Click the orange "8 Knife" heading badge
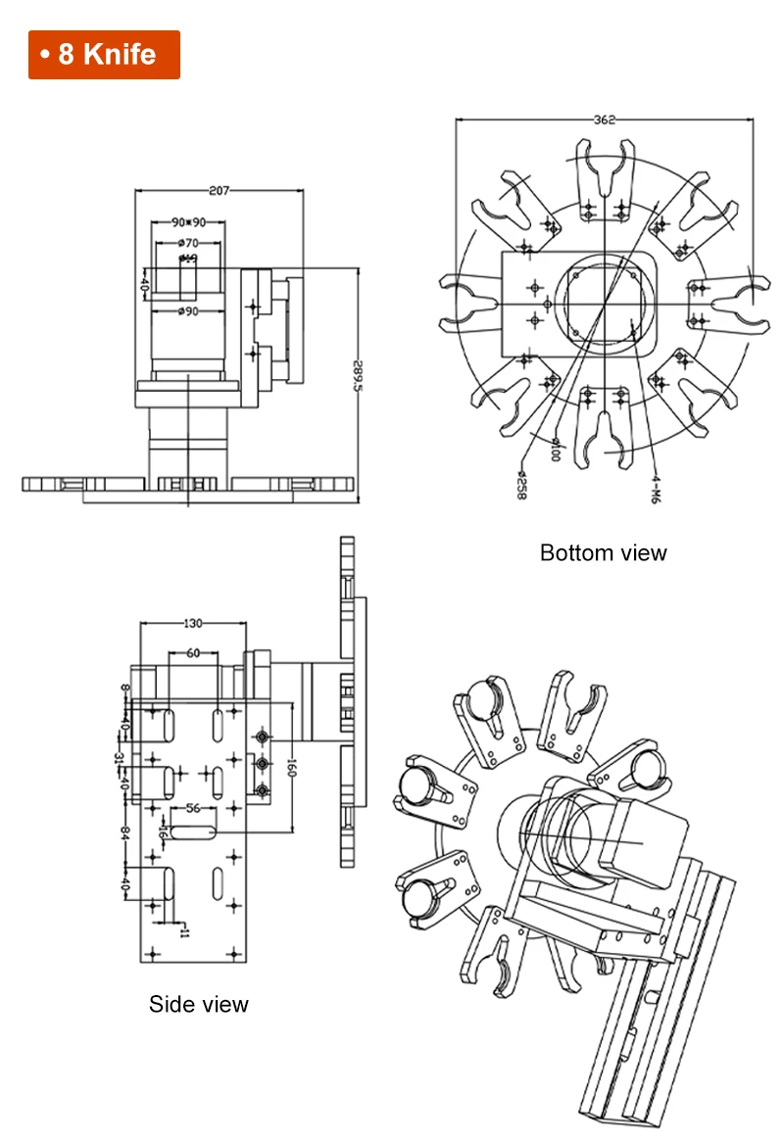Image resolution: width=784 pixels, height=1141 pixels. [x=104, y=54]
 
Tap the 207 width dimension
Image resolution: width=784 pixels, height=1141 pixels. [x=219, y=191]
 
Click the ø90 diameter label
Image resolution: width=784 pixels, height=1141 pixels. [x=189, y=311]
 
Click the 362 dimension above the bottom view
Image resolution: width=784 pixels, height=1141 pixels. [x=605, y=120]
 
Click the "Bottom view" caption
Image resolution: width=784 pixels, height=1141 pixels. [x=603, y=552]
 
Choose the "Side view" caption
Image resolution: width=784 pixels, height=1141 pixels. [x=199, y=1003]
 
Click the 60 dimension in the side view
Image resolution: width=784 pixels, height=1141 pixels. [x=193, y=652]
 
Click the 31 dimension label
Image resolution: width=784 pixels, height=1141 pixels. [x=120, y=758]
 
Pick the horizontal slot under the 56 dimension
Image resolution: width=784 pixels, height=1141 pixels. [x=194, y=832]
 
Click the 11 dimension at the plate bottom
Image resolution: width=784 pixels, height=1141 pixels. [x=182, y=929]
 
